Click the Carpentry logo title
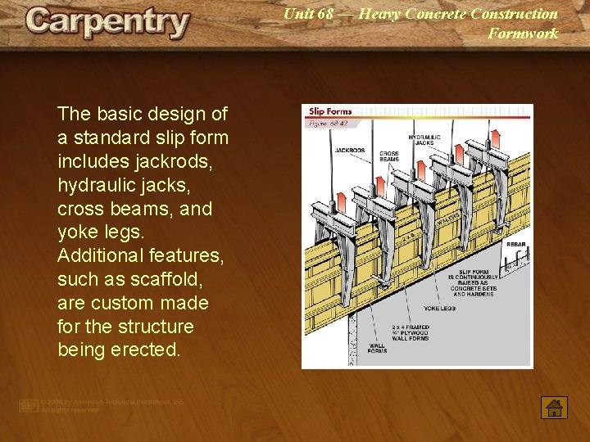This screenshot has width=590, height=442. [x=107, y=23]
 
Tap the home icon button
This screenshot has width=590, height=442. [x=554, y=407]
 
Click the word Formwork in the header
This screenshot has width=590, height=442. [x=523, y=34]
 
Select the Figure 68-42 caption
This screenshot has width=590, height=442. [x=328, y=124]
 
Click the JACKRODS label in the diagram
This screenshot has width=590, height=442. [x=350, y=151]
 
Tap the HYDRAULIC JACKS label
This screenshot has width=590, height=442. [x=424, y=140]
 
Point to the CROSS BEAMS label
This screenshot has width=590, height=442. [x=388, y=156]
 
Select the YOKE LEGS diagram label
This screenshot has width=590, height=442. [x=439, y=309]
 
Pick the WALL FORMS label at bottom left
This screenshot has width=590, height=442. [x=377, y=350]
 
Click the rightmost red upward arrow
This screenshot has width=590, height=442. [x=496, y=136]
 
